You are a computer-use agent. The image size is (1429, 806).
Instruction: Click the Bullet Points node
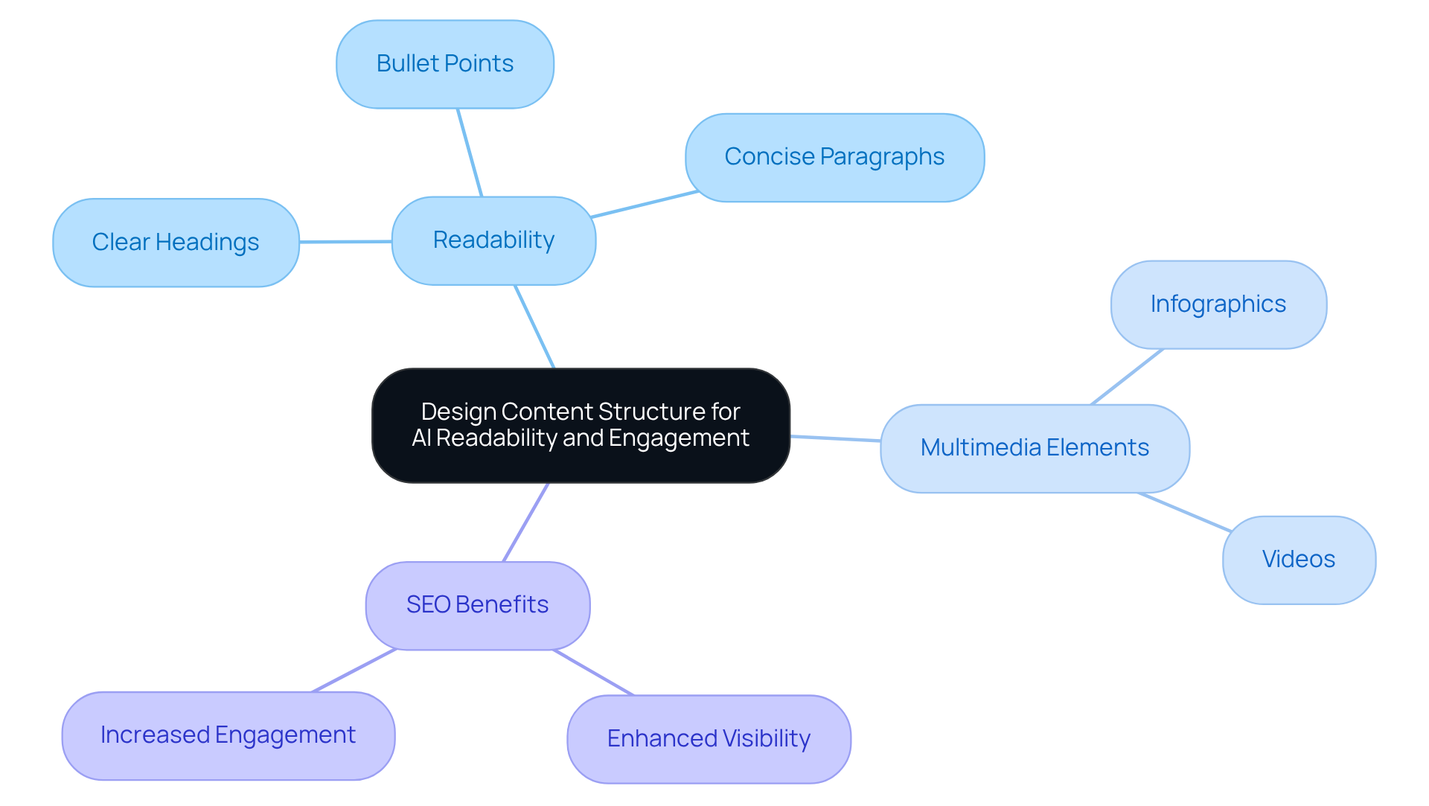444,64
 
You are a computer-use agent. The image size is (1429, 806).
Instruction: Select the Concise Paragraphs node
834,157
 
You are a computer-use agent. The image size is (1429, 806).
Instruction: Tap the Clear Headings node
176,243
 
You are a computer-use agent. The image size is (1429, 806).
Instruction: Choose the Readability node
493,240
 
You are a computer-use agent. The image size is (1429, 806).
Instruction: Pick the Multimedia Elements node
1035,448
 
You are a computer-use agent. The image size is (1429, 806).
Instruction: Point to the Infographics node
1218,304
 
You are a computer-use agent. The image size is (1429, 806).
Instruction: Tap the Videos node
1298,560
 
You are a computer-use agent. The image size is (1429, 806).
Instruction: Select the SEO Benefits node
477,605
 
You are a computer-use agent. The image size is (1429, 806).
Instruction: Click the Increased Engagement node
228,735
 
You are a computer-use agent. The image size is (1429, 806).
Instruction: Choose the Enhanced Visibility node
709,739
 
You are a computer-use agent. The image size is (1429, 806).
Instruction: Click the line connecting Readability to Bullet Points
470,153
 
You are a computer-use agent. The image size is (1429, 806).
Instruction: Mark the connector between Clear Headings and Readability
345,242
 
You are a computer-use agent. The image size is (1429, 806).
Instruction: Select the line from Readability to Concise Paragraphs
645,204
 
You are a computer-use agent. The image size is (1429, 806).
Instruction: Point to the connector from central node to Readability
534,326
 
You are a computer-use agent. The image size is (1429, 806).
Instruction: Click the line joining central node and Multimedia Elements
835,438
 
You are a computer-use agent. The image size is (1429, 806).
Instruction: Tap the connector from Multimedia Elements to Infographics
1127,377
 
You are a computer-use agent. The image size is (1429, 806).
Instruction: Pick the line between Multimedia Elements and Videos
1183,512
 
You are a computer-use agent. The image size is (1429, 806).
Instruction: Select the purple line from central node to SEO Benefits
526,522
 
